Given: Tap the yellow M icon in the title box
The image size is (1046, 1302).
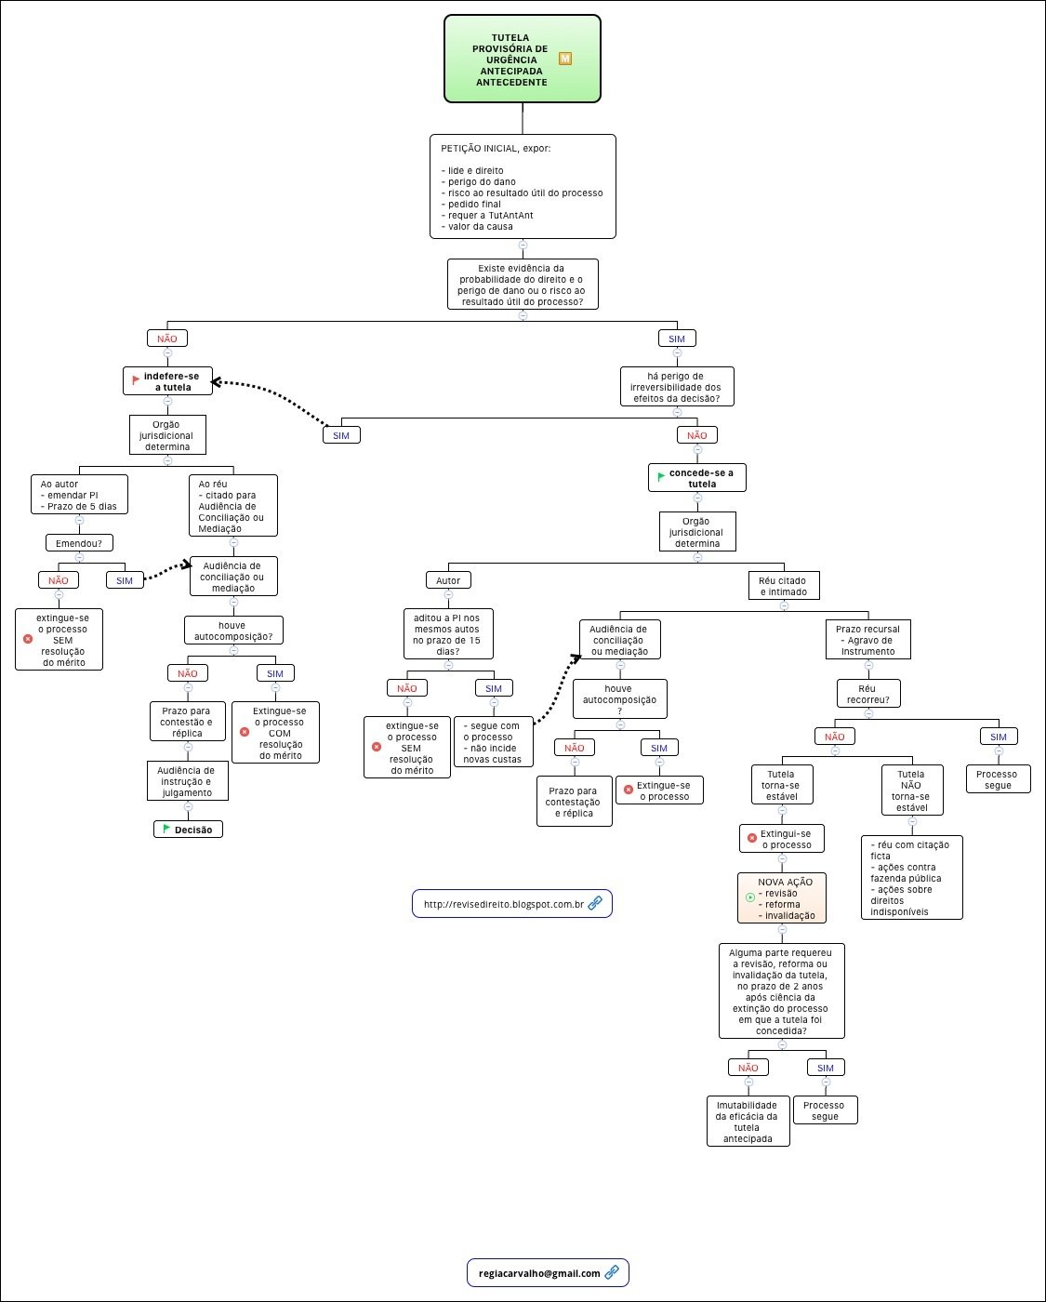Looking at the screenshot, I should pos(565,59).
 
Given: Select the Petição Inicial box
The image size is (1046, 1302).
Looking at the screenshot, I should pos(523,187).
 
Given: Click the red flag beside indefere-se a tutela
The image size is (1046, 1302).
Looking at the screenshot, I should pos(137,379).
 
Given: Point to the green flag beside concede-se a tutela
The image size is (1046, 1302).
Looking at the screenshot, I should pos(661,476).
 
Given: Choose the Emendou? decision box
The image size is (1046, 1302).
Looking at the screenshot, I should pos(79,543).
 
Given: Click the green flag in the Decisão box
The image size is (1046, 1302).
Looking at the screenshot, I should pos(166,829).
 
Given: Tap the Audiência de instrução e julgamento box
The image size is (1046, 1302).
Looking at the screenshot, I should pos(187,781).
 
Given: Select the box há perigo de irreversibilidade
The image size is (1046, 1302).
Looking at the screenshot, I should pos(677,387).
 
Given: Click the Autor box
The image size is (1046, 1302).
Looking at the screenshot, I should pos(448,580).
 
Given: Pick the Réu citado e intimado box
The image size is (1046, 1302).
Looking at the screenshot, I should pos(784,586).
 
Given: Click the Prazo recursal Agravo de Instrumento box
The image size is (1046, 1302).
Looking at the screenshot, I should pos(867,640).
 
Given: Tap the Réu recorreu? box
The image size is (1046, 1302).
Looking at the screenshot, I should pos(867,694).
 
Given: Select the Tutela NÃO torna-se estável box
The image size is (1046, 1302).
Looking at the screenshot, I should pos(911,790).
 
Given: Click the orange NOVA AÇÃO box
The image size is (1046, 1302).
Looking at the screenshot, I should pos(782,898).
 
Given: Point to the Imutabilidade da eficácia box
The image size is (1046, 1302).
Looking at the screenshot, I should pos(748,1122).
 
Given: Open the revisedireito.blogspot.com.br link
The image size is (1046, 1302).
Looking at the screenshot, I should pos(511,904).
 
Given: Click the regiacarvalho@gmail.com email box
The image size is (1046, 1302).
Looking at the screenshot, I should pos(548,1273).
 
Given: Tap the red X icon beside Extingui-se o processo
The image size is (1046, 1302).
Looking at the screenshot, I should pos(752,838).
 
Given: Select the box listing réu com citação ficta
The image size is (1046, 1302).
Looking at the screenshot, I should pos(911,878).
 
